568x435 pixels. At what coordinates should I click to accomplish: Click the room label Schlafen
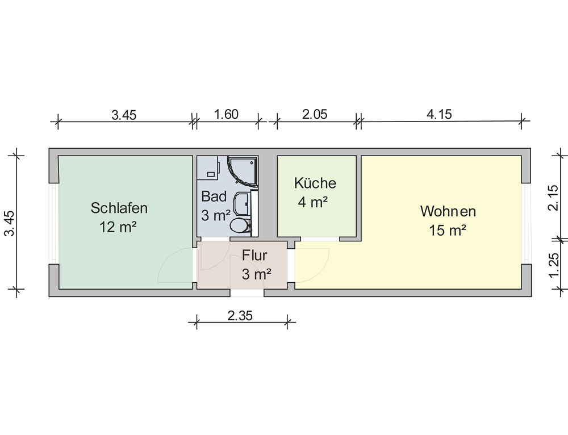pyautogui.click(x=119, y=208)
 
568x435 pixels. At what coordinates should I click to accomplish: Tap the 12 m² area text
pyautogui.click(x=118, y=227)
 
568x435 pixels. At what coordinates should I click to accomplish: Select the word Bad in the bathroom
pyautogui.click(x=214, y=196)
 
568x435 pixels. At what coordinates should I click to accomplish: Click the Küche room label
pyautogui.click(x=315, y=182)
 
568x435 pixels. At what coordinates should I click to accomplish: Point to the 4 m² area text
pyautogui.click(x=313, y=202)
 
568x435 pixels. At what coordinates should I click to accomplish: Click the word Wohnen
pyautogui.click(x=448, y=211)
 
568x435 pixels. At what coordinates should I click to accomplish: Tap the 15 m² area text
pyautogui.click(x=448, y=230)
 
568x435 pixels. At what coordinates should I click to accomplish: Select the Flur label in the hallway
pyautogui.click(x=254, y=256)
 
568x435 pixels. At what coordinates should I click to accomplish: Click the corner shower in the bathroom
pyautogui.click(x=242, y=172)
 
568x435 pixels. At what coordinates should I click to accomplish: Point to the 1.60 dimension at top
pyautogui.click(x=226, y=115)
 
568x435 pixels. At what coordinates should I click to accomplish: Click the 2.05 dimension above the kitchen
pyautogui.click(x=315, y=115)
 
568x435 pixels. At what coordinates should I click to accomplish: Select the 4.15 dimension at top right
pyautogui.click(x=439, y=115)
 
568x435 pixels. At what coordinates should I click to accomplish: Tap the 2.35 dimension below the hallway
pyautogui.click(x=240, y=316)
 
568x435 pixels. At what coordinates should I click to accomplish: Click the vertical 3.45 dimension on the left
pyautogui.click(x=10, y=223)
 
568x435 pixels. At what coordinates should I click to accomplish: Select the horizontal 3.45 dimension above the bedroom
pyautogui.click(x=124, y=115)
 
